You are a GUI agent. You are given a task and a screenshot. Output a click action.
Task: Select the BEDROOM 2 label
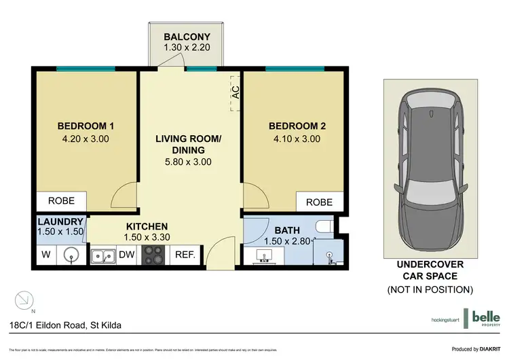coord(297,126)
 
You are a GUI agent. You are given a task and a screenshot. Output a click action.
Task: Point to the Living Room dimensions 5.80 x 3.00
coord(188,162)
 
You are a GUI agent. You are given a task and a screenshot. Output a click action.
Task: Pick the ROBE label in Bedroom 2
coord(319,202)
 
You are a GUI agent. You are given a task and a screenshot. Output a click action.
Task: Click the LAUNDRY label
coord(60,221)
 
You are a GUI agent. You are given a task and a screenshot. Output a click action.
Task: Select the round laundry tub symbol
coord(71,255)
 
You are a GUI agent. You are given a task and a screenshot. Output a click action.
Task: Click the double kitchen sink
coord(104,255)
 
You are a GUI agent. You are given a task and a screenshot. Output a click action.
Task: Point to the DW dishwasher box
coord(127,255)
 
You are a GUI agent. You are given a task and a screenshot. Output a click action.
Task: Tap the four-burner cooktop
coord(153,255)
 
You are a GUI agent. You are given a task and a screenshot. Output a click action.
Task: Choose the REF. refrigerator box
coord(185,255)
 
